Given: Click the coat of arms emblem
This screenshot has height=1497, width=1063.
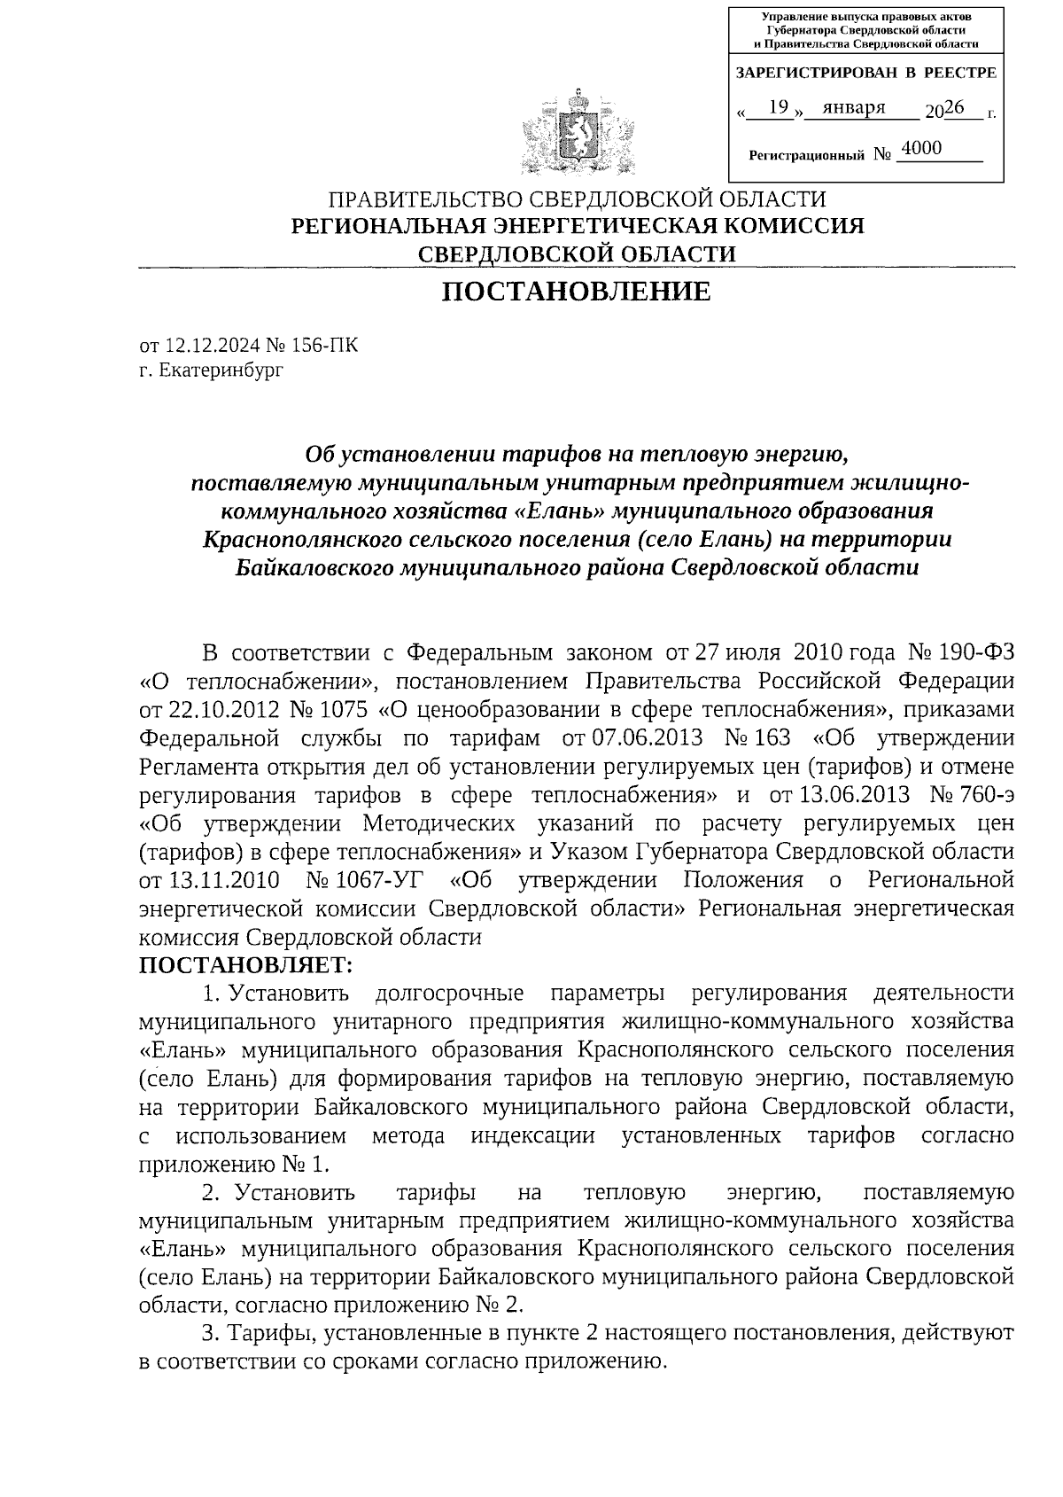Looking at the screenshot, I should [577, 130].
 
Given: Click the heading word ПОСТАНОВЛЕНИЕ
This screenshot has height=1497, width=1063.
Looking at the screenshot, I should [577, 291].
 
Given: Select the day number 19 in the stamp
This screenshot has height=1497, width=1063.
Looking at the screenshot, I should [779, 107].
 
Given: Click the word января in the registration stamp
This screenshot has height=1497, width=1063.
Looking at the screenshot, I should [854, 107].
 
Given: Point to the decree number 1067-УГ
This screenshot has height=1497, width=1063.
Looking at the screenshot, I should [365, 880].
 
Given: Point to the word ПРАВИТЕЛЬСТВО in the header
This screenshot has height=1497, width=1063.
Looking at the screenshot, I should [422, 199].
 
